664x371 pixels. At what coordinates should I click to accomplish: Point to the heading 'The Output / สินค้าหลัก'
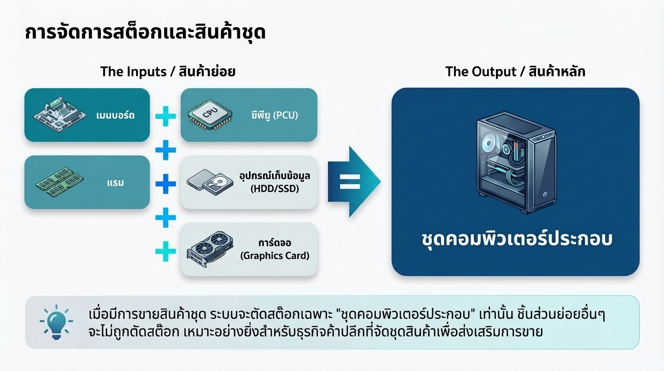coord(515,71)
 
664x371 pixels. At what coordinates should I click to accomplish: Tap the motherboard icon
coord(57,114)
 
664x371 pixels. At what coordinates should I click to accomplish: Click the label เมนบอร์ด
coord(115,115)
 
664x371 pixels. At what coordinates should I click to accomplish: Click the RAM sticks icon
coord(57,183)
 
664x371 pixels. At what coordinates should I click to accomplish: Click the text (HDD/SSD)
coord(275,189)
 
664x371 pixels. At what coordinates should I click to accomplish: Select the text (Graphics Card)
coord(275,256)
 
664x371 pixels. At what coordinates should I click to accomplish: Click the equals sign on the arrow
coord(350,182)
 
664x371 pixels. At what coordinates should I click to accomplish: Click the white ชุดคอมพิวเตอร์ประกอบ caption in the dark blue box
coord(515,239)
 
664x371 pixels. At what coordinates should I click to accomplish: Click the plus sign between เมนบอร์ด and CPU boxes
coord(166,116)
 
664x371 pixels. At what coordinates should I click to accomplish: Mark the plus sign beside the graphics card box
coord(166,251)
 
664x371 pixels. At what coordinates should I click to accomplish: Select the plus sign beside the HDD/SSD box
coord(166,184)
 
